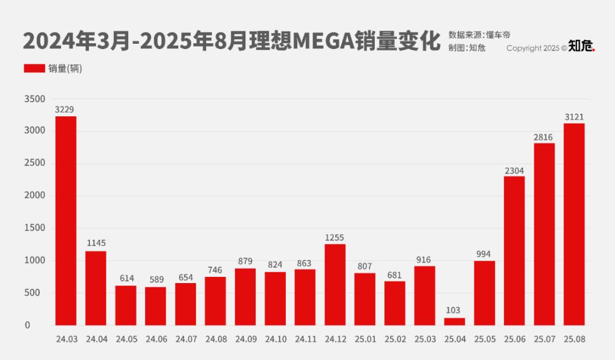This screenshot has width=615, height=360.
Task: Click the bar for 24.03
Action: [65, 221]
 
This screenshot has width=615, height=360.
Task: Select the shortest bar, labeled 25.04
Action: [454, 322]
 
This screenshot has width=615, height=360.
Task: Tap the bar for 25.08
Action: [574, 224]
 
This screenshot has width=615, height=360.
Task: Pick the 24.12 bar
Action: [335, 285]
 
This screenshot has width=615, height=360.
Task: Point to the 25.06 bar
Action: [514, 251]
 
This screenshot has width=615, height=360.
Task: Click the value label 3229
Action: [65, 109]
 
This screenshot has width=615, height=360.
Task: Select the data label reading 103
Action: [454, 310]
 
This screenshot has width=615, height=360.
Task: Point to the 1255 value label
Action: [335, 238]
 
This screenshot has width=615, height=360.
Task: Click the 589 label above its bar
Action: [155, 280]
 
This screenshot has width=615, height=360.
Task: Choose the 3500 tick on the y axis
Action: [35, 99]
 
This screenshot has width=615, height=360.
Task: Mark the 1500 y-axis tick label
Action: [35, 228]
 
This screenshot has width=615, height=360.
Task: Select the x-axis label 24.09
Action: [245, 339]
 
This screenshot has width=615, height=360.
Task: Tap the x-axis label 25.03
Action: [424, 339]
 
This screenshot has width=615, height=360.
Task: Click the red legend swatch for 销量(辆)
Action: [34, 68]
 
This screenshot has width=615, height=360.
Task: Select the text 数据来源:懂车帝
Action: [479, 35]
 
